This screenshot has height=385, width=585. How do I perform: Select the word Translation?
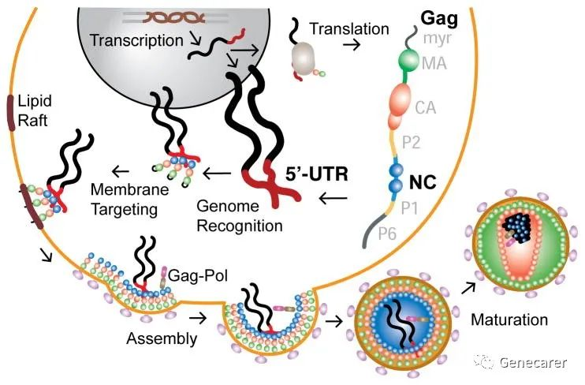(349, 29)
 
